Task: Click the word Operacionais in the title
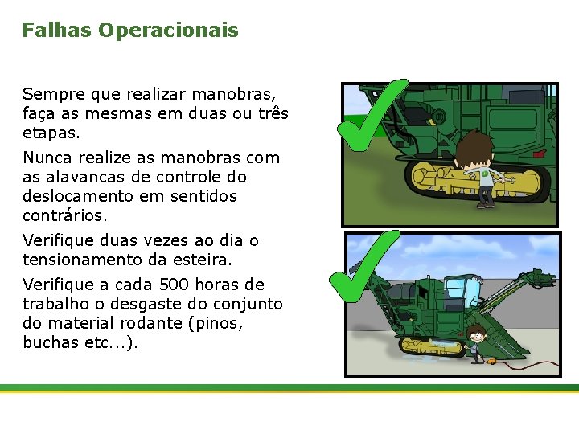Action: pyautogui.click(x=168, y=31)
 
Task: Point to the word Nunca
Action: pyautogui.click(x=47, y=158)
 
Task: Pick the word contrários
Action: pyautogui.click(x=64, y=215)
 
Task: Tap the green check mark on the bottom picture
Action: pyautogui.click(x=362, y=265)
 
